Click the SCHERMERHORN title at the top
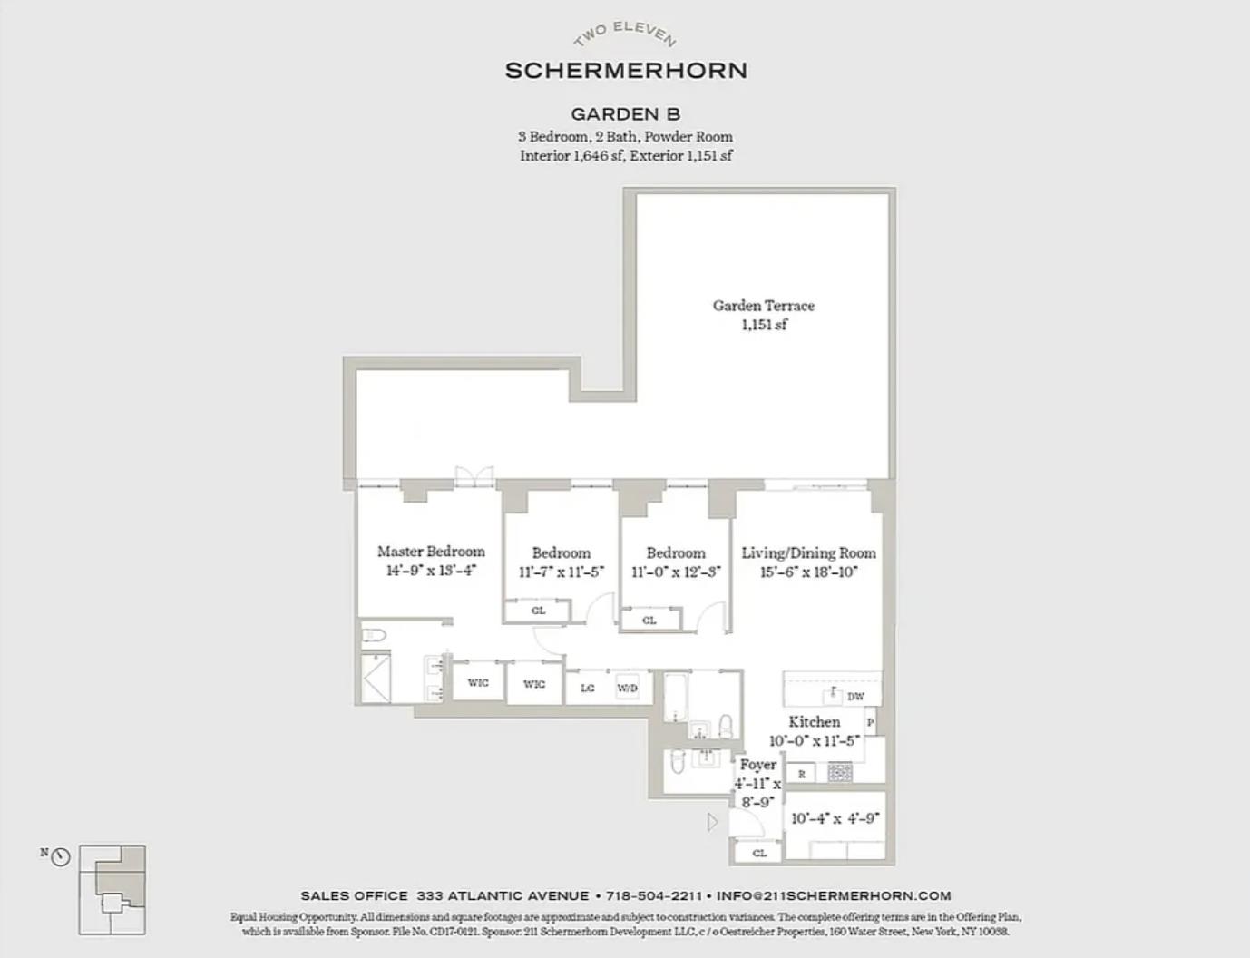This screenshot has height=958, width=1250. pos(626,70)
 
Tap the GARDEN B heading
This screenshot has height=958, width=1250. pos(625,114)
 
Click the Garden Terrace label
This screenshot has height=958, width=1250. pos(763,306)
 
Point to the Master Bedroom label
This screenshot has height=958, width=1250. pos(431,552)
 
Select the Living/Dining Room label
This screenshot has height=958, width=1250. pos(808,552)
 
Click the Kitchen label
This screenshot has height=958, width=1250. pos(814,722)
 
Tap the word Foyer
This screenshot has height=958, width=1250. pos(757,765)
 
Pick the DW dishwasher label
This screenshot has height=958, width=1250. pos(855,697)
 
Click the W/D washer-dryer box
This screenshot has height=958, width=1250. pos(628,689)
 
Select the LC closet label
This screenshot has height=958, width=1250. pos(588,689)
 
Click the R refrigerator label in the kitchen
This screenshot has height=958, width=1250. pos(801,775)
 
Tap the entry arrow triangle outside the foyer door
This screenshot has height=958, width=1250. pos(713,822)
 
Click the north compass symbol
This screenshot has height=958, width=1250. pos(61,856)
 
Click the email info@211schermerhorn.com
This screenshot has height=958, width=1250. pos(834,895)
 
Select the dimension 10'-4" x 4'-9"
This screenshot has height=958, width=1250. pos(835,818)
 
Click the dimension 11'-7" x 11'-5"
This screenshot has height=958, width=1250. pos(561,572)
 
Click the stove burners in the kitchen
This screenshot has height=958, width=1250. pos(840,774)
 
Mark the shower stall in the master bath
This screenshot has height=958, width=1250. pos(375,678)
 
